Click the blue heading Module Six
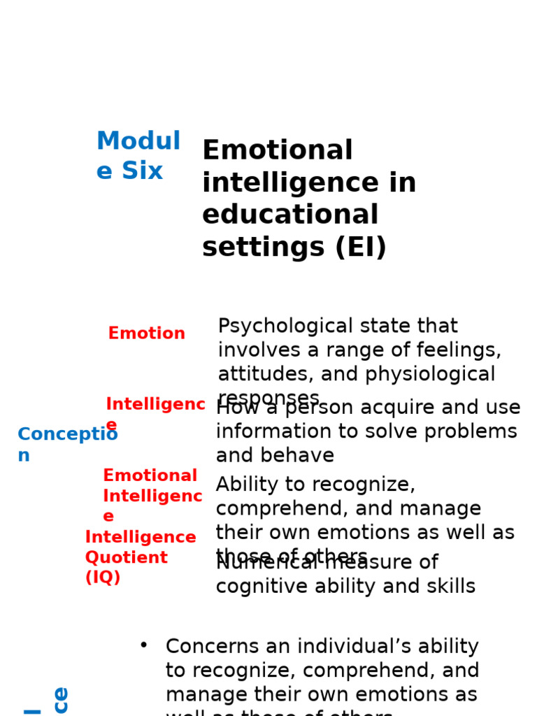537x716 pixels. pos(138,156)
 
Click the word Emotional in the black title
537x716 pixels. pos(278,151)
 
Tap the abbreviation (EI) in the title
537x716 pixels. pos(361,248)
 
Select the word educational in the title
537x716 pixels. pos(290,215)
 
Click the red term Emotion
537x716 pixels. pos(147,334)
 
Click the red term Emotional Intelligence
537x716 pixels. pos(152,495)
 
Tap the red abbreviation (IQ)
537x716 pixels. pos(103,578)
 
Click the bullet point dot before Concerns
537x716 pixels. pos(143,645)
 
